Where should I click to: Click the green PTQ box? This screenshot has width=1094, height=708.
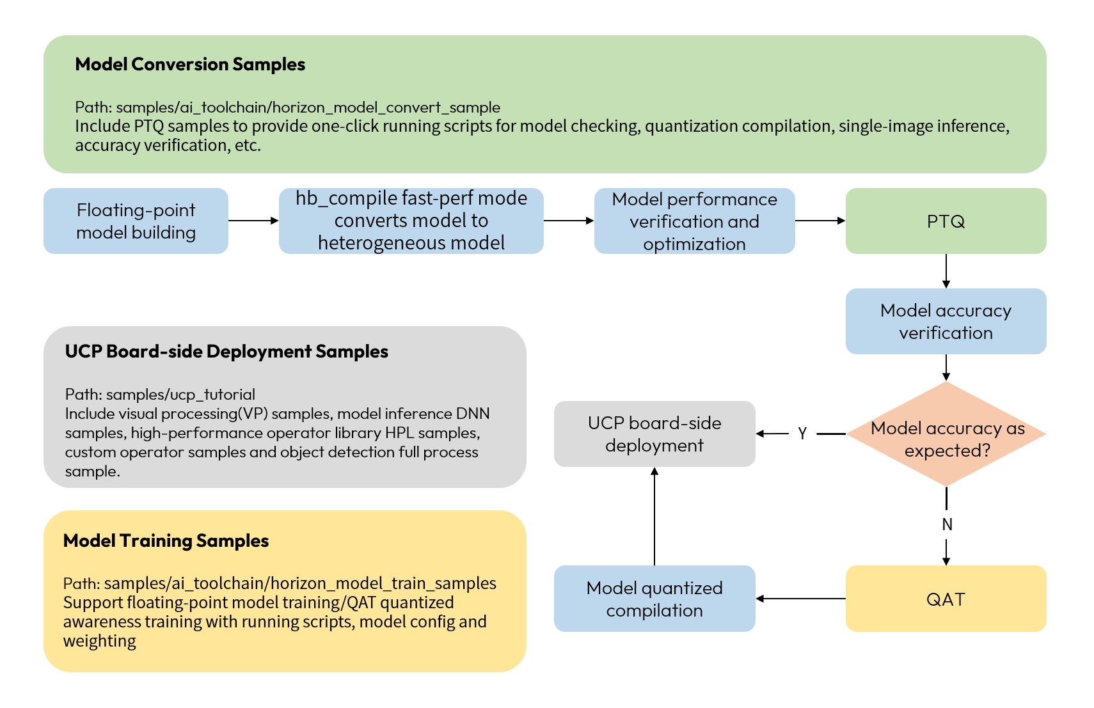coord(946,221)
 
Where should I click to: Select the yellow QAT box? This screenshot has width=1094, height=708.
coord(946,599)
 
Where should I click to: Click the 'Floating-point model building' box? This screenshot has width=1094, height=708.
coord(136,221)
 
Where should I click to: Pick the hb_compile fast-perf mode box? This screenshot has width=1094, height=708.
coord(411,221)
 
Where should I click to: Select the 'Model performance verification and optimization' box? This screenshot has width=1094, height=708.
coord(694,221)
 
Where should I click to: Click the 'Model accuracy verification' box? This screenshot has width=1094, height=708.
coord(946,322)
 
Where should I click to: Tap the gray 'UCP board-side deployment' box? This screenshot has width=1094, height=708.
coord(654,434)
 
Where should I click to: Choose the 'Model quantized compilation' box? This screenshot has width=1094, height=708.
coord(654,599)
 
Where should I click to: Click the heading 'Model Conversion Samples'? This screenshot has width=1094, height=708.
coord(190,65)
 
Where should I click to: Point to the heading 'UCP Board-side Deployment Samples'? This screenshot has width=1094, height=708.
coord(226,352)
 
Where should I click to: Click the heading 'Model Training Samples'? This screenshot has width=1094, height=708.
coord(166,541)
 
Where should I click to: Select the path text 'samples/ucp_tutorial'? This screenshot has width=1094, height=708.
coord(180,395)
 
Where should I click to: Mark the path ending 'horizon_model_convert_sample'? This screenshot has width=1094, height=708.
coord(308,107)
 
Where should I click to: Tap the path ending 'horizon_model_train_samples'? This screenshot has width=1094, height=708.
coord(300,583)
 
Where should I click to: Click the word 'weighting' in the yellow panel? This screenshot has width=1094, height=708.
coord(99,641)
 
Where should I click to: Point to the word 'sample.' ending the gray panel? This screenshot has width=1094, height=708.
coord(92,472)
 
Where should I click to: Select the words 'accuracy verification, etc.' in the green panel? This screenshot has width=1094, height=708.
coord(168,146)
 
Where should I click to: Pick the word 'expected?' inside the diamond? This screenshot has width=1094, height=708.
coord(947,451)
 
